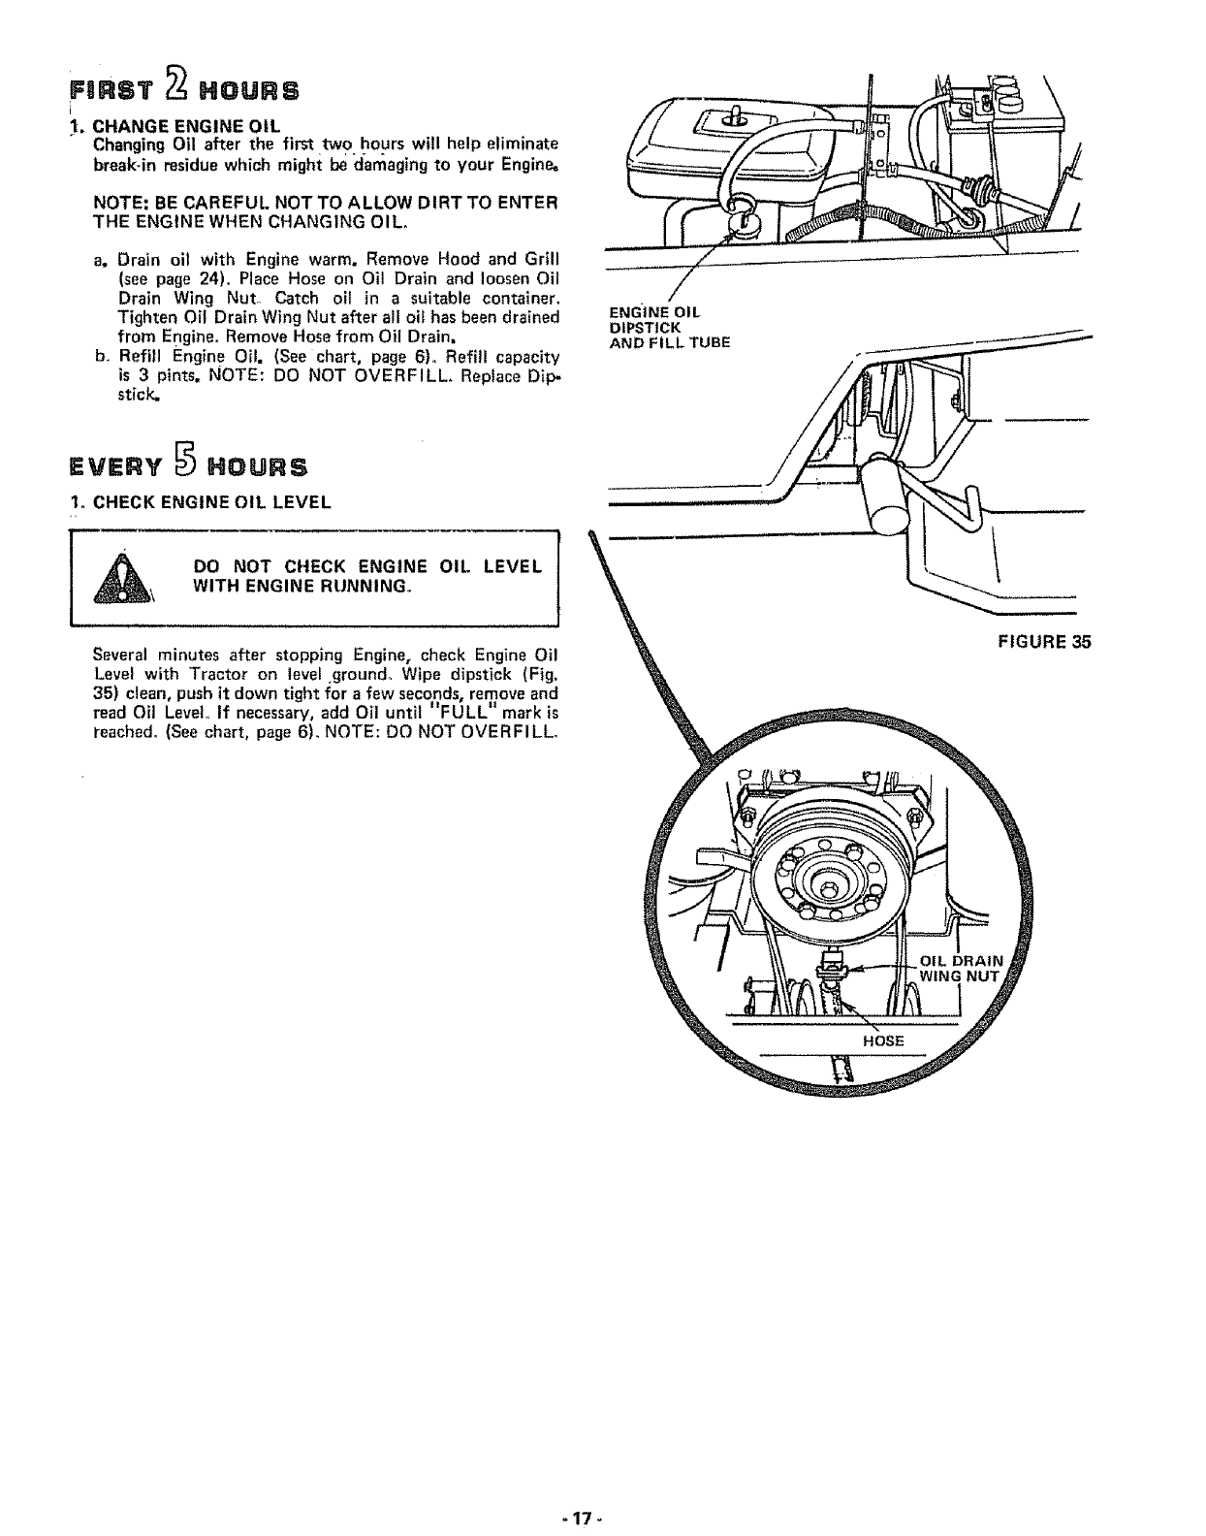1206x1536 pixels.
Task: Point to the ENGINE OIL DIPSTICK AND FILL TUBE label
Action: [669, 327]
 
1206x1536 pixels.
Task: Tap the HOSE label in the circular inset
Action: [883, 1040]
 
